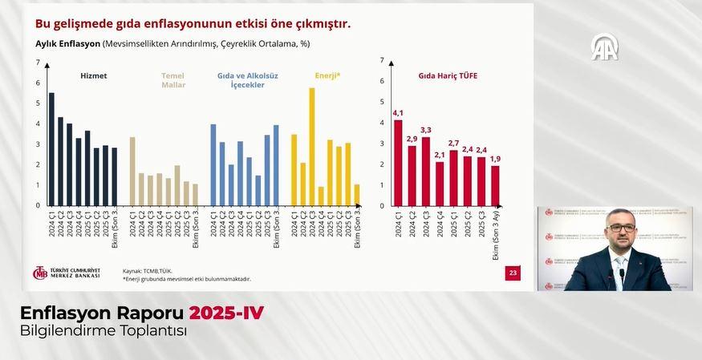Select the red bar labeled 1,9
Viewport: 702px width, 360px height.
495,185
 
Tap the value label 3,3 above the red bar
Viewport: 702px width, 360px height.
426,130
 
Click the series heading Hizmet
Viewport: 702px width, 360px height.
94,76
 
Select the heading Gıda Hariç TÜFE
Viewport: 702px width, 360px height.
448,76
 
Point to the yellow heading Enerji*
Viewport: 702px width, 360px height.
327,76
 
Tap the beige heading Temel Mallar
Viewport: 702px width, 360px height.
173,80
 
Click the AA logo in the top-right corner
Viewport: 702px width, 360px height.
604,47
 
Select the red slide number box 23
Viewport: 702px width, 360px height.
513,273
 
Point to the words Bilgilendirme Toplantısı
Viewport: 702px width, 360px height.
103,330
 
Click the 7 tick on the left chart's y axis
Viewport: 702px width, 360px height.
38,63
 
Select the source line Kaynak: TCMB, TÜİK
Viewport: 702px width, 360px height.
148,271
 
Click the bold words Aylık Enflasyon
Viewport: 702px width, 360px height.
67,44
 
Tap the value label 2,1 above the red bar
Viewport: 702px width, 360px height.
440,155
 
